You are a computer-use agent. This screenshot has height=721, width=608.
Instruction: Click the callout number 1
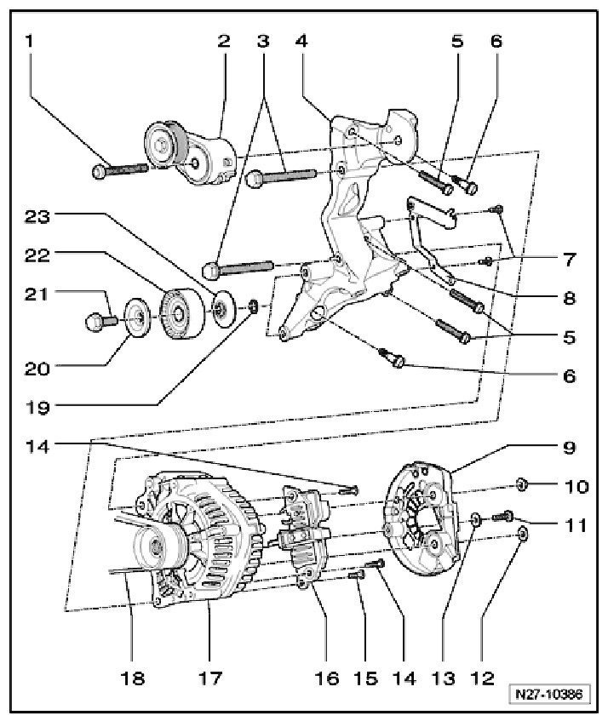[x=32, y=40]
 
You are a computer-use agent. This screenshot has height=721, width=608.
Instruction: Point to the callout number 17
[x=209, y=678]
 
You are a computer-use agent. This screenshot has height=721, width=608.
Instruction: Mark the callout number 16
[x=326, y=678]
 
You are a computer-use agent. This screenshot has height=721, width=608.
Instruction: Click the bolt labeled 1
[x=123, y=170]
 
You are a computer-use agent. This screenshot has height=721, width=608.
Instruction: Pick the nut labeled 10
[x=522, y=485]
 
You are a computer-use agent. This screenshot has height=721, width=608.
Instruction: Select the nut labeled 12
[x=523, y=535]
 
